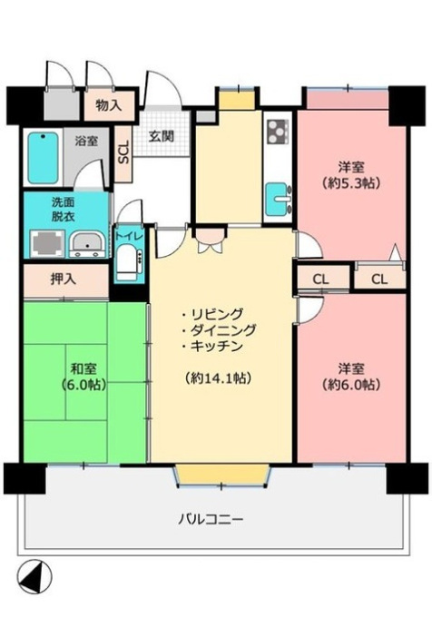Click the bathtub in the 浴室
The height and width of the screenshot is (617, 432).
click(x=44, y=158)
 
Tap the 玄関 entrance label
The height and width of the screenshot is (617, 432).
click(x=161, y=136)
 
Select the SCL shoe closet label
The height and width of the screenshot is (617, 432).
click(x=123, y=152)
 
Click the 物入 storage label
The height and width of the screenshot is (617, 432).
click(x=109, y=105)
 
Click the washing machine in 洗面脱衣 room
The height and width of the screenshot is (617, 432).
click(x=47, y=243)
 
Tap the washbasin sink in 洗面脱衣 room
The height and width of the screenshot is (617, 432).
click(x=87, y=244)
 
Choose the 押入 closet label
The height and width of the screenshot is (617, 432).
click(x=64, y=279)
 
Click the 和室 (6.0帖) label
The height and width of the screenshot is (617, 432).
click(x=83, y=377)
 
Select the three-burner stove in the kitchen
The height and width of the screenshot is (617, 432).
click(x=278, y=132)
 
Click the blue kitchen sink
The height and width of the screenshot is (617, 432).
click(x=279, y=199)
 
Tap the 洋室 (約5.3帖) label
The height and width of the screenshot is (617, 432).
click(x=351, y=175)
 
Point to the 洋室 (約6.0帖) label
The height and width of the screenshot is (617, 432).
click(x=351, y=377)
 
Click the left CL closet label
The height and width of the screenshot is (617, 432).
click(x=320, y=279)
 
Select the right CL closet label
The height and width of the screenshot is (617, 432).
click(x=379, y=279)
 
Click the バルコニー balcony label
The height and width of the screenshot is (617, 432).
click(x=211, y=519)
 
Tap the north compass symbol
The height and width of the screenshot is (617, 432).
click(x=35, y=577)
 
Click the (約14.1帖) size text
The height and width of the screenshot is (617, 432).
click(x=218, y=378)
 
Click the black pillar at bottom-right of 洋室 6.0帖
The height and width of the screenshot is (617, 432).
click(x=407, y=478)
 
